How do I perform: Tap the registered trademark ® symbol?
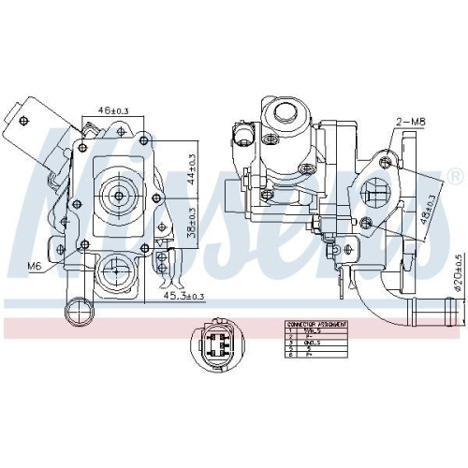pyautogui.click(x=455, y=176)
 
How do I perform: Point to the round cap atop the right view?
pyautogui.click(x=285, y=115)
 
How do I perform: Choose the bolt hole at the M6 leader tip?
pyautogui.click(x=84, y=241)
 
